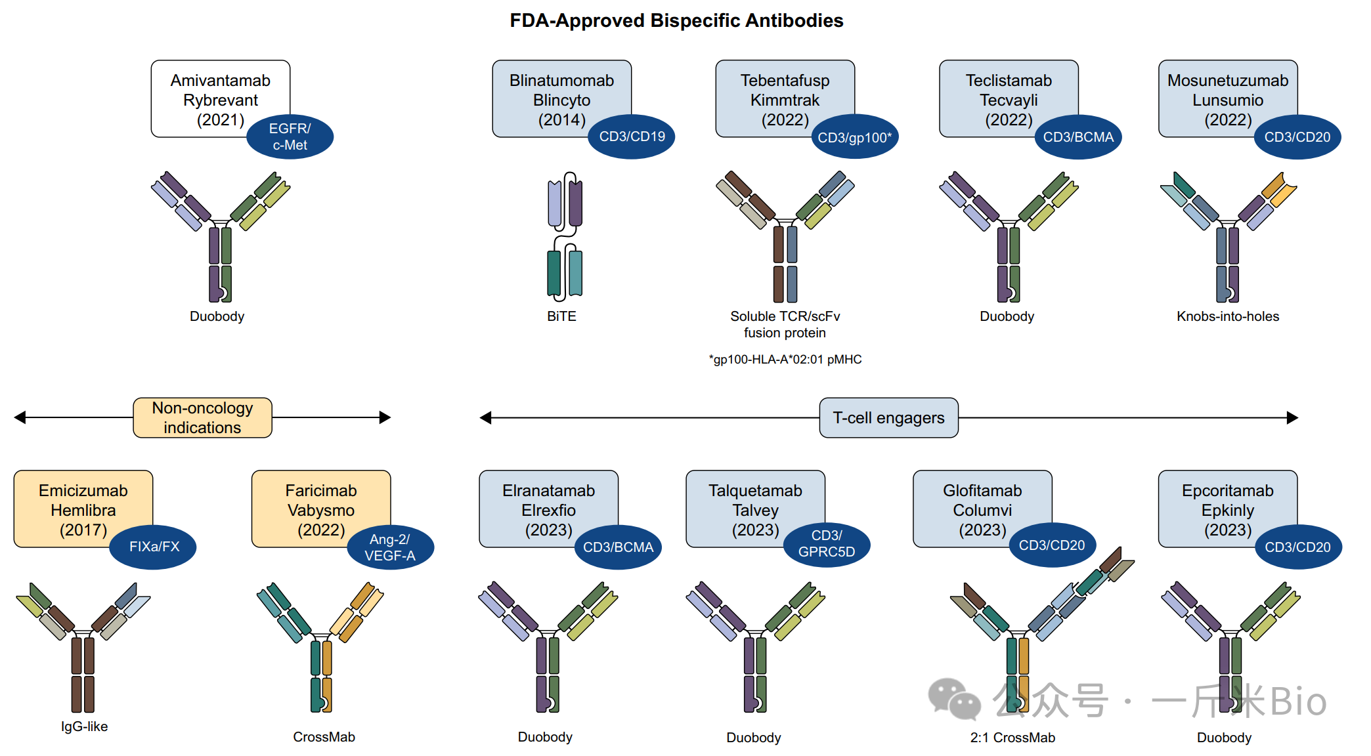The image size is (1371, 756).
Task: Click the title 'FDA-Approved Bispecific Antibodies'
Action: [676, 21]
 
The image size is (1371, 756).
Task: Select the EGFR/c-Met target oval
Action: [290, 137]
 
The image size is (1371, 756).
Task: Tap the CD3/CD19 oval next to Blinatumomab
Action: [632, 136]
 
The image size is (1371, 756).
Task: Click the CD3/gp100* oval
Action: [854, 137]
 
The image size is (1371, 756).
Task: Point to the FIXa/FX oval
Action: [154, 547]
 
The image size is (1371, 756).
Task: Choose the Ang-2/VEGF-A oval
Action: [390, 547]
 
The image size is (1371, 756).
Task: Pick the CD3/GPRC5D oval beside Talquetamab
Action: [826, 544]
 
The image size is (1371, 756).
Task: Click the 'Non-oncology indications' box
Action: [202, 417]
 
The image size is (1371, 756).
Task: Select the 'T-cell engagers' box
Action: [888, 418]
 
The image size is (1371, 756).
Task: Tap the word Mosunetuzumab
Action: [1227, 81]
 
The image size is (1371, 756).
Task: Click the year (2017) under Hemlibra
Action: [83, 530]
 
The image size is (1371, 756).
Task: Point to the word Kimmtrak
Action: [785, 100]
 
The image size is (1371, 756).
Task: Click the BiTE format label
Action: [561, 316]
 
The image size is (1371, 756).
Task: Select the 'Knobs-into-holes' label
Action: [1227, 316]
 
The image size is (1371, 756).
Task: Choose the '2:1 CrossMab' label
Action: [1012, 738]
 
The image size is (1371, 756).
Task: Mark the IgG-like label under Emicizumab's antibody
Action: [84, 726]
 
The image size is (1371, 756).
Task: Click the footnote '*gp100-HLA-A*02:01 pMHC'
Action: [785, 360]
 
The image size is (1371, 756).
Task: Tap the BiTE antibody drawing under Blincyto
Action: [565, 236]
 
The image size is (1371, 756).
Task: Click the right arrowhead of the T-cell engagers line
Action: [1292, 418]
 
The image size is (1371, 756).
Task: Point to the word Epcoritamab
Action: [1227, 491]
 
